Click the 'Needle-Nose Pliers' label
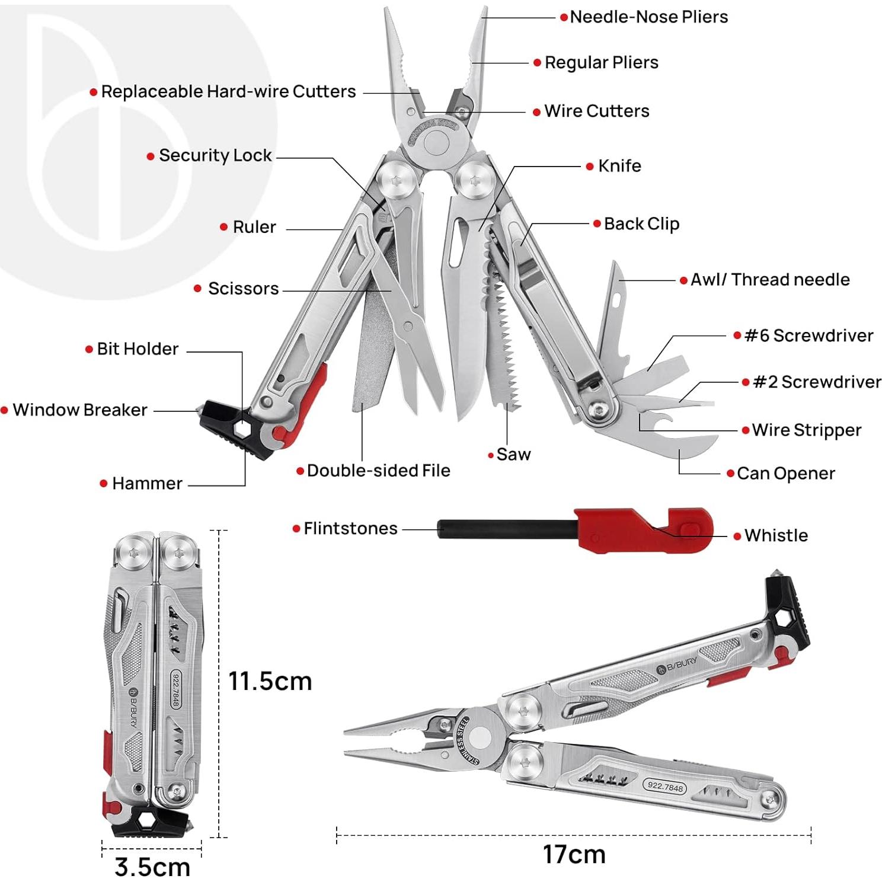[x=648, y=17]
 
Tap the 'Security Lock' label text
[x=215, y=155]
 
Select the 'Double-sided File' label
[x=378, y=471]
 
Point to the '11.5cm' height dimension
[x=270, y=682]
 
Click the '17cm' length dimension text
[x=574, y=855]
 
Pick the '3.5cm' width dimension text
[x=152, y=867]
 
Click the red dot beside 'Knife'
[x=590, y=167]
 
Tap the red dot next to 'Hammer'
[x=104, y=484]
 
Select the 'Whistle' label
[x=776, y=536]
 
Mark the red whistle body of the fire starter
[x=640, y=531]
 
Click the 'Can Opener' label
[x=785, y=474]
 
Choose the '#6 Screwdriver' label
[x=808, y=335]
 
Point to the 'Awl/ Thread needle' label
[x=770, y=280]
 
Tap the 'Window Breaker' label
[x=80, y=410]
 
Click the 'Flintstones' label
[x=350, y=529]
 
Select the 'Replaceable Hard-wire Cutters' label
[x=228, y=92]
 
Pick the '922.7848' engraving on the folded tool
[x=176, y=689]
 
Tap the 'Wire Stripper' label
[x=806, y=430]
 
